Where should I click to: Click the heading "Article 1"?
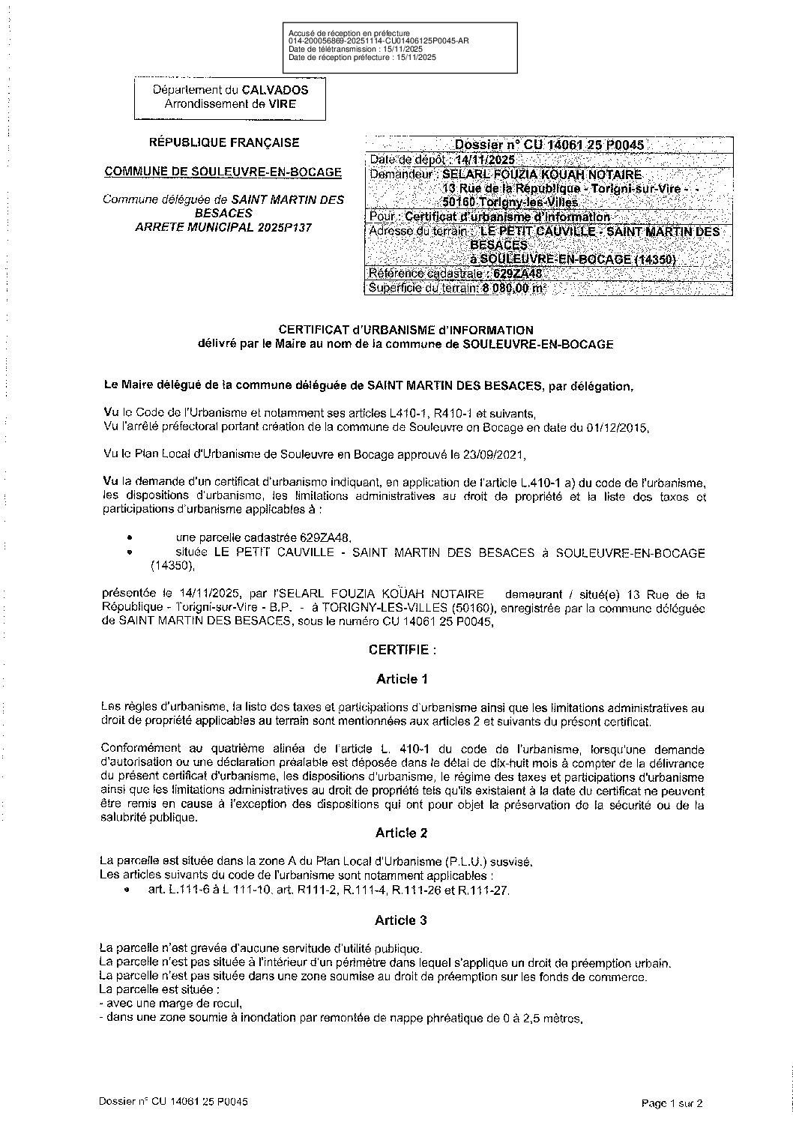pyautogui.click(x=402, y=679)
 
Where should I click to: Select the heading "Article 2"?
pyautogui.click(x=402, y=833)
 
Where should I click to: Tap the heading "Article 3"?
pyautogui.click(x=402, y=920)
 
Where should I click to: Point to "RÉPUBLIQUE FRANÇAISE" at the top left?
pyautogui.click(x=225, y=142)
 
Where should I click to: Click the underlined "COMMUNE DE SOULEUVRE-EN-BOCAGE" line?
pyautogui.click(x=223, y=172)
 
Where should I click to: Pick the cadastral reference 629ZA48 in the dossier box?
pyautogui.click(x=516, y=274)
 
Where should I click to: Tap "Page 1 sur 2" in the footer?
pyautogui.click(x=672, y=1103)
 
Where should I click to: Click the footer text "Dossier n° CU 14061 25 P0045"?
pyautogui.click(x=173, y=1102)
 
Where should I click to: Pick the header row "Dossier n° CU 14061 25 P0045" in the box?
pyautogui.click(x=549, y=145)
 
